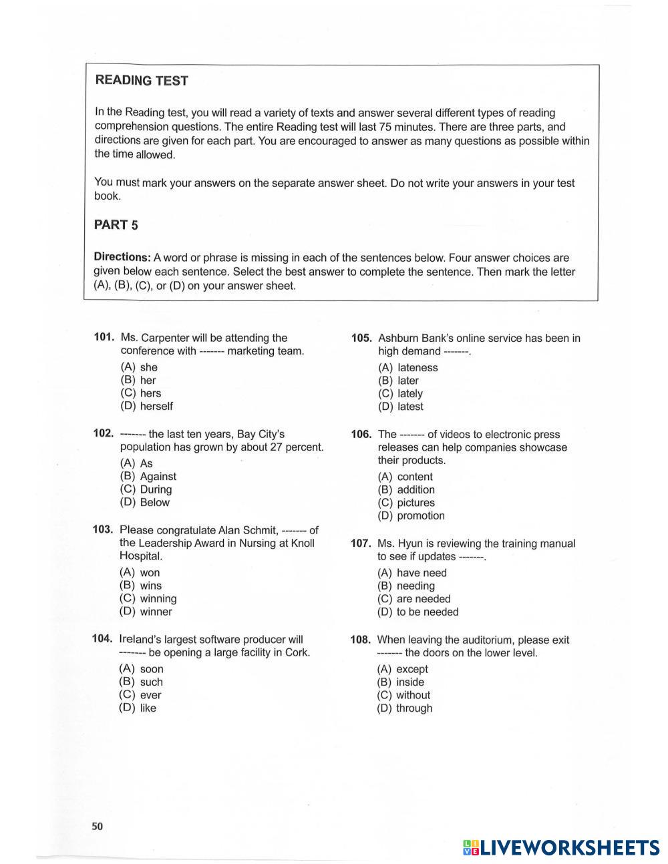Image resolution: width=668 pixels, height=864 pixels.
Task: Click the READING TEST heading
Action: tap(142, 81)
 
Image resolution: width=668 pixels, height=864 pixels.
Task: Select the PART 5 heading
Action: tap(116, 225)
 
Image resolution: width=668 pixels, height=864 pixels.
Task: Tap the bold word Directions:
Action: tap(122, 257)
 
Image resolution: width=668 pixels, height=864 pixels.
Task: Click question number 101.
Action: tap(104, 338)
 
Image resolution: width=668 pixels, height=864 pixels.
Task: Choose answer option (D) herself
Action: tap(146, 406)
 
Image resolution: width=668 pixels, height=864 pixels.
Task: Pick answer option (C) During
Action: tap(146, 489)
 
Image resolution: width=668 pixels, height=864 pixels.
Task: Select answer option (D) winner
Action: tap(146, 612)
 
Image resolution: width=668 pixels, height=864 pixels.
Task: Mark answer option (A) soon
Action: tap(141, 669)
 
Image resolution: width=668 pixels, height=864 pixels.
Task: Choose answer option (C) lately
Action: tap(400, 394)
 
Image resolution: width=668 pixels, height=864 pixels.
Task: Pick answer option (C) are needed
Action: tap(413, 599)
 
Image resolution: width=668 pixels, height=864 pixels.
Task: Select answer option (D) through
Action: tap(404, 708)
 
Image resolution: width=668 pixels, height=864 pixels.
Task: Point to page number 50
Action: tap(98, 827)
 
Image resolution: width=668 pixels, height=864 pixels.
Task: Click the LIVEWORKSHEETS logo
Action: tap(561, 847)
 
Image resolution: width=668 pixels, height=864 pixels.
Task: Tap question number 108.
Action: tap(361, 640)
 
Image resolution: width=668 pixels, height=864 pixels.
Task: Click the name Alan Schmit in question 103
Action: tap(248, 530)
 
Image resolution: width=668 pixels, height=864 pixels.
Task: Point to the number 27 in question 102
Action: tap(277, 447)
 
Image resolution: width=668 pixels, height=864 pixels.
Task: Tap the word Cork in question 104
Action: tap(296, 652)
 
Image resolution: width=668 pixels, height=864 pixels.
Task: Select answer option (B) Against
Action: tap(148, 477)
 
